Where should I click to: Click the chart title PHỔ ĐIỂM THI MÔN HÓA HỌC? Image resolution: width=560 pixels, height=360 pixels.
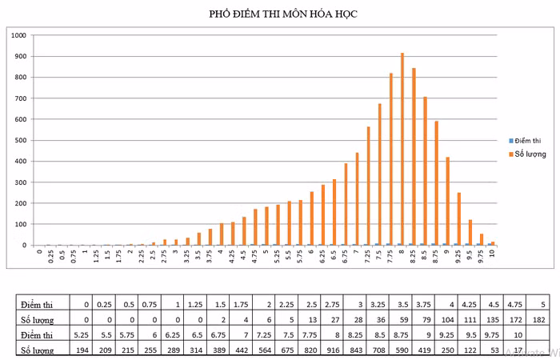[x=279, y=14]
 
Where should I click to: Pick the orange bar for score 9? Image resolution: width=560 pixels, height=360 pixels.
[x=447, y=201]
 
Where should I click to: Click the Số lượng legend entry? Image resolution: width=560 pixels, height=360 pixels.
[x=530, y=154]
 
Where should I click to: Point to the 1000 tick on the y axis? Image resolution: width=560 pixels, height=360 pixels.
[x=19, y=35]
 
